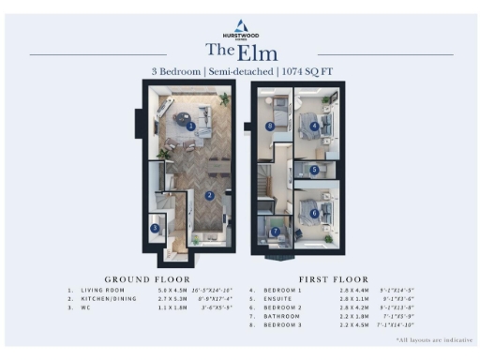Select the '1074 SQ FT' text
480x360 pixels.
304,71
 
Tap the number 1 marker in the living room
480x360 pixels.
190,125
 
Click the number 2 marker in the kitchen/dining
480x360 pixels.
209,194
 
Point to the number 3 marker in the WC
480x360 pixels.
156,227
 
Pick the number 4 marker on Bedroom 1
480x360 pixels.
313,126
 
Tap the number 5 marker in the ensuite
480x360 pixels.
314,170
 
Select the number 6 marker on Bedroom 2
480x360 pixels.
314,213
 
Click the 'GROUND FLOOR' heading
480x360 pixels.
147,279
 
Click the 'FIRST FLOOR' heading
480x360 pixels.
333,279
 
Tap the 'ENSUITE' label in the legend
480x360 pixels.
281,299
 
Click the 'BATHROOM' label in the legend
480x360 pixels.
284,316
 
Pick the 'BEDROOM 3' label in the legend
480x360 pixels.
286,324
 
